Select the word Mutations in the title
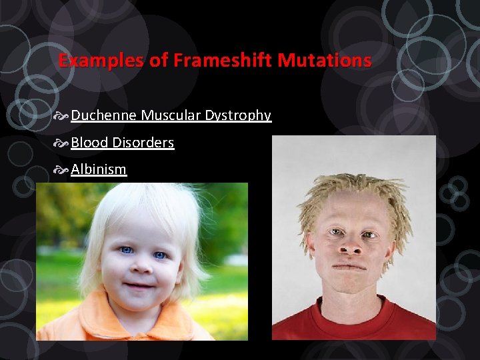click(324, 61)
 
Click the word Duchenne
click(104, 115)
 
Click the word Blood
click(89, 143)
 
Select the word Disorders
click(143, 143)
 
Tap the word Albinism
click(99, 169)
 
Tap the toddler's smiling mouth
click(139, 286)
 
